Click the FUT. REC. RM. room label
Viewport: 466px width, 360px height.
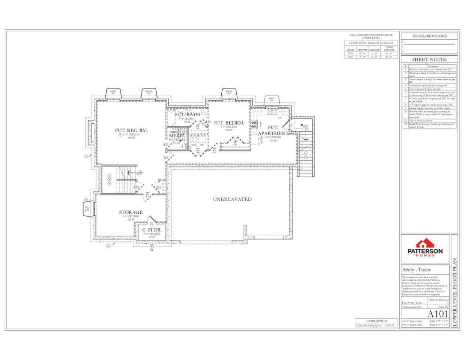coord(131,130)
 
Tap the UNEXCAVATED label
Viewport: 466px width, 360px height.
coord(232,199)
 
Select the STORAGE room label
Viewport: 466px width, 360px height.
coord(130,212)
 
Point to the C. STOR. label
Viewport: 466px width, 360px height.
coord(152,230)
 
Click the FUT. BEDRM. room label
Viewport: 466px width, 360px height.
coord(229,123)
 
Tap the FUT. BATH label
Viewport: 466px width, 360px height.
coord(187,114)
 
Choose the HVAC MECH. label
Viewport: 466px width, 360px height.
coord(174,134)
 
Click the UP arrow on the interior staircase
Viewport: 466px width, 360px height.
coord(140,172)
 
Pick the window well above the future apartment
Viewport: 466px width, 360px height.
coord(271,100)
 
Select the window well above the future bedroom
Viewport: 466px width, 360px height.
coord(229,94)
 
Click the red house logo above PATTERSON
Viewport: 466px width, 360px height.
coord(425,243)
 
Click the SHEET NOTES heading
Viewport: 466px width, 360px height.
coord(429,60)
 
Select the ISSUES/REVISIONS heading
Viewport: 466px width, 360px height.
coord(429,36)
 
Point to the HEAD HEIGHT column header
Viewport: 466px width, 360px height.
coord(389,49)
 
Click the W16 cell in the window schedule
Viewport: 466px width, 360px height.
coord(350,53)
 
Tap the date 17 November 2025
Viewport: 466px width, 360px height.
coord(412,307)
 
